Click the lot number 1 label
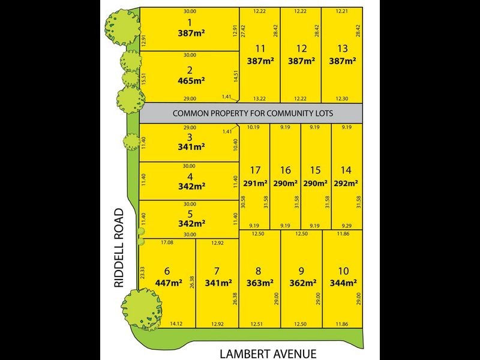(189, 22)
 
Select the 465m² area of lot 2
(189, 79)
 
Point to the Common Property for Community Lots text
(253, 113)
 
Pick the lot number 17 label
(255, 170)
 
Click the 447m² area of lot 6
(168, 283)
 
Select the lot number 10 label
(343, 271)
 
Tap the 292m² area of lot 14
(346, 184)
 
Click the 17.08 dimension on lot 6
(167, 242)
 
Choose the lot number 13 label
(343, 49)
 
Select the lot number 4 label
(189, 176)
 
